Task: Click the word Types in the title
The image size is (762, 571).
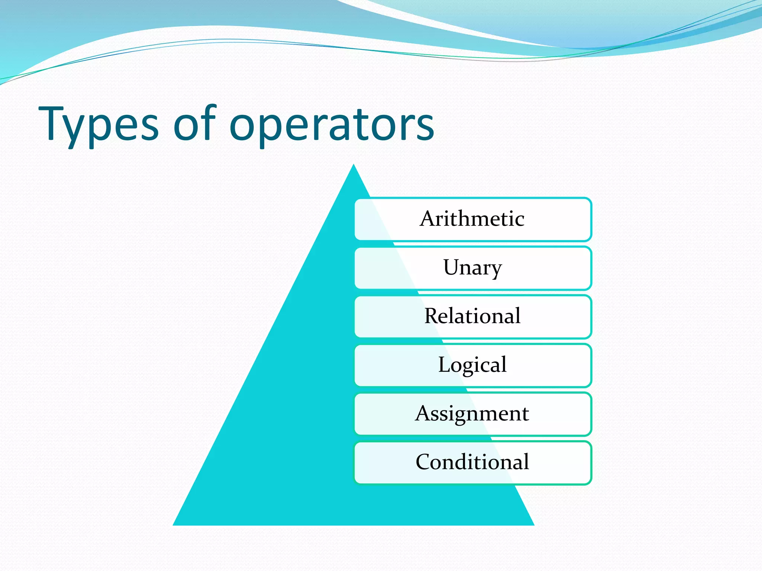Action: click(x=99, y=125)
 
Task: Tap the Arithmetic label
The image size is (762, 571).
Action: click(x=472, y=219)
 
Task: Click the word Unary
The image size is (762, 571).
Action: click(x=473, y=268)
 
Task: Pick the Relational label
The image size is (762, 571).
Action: click(x=473, y=316)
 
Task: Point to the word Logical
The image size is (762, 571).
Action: click(x=473, y=365)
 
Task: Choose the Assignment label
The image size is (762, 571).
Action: click(x=472, y=413)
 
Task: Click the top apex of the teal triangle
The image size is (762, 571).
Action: click(x=353, y=166)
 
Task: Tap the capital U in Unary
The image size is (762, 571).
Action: click(x=452, y=267)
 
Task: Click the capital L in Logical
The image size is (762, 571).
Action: click(x=444, y=364)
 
